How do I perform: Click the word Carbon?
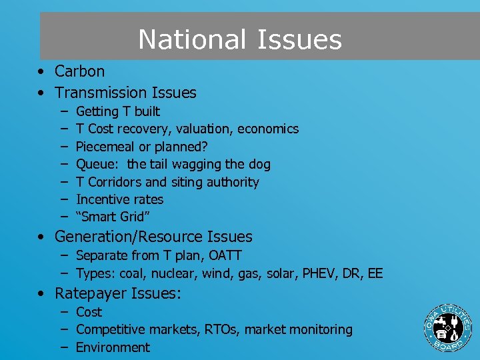80,71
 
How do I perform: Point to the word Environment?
113,347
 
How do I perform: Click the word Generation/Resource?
130,237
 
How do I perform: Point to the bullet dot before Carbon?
41,71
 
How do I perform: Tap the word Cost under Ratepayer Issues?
89,312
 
